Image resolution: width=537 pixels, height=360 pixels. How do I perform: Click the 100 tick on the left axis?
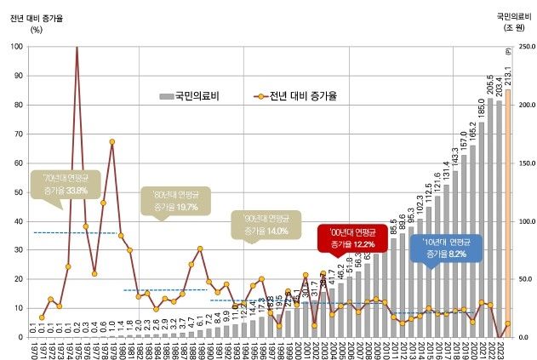pos(16,46)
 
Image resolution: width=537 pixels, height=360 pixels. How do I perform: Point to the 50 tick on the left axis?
pos(18,191)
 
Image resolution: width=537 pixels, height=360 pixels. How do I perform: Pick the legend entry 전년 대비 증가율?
pos(294,97)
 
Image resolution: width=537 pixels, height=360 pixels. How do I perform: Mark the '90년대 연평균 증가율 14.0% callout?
pos(265,225)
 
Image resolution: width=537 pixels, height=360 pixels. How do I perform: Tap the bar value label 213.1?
pos(508,75)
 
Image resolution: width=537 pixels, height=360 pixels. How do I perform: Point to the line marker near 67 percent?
pos(111,142)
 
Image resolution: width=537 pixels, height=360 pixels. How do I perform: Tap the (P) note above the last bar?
pos(508,53)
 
